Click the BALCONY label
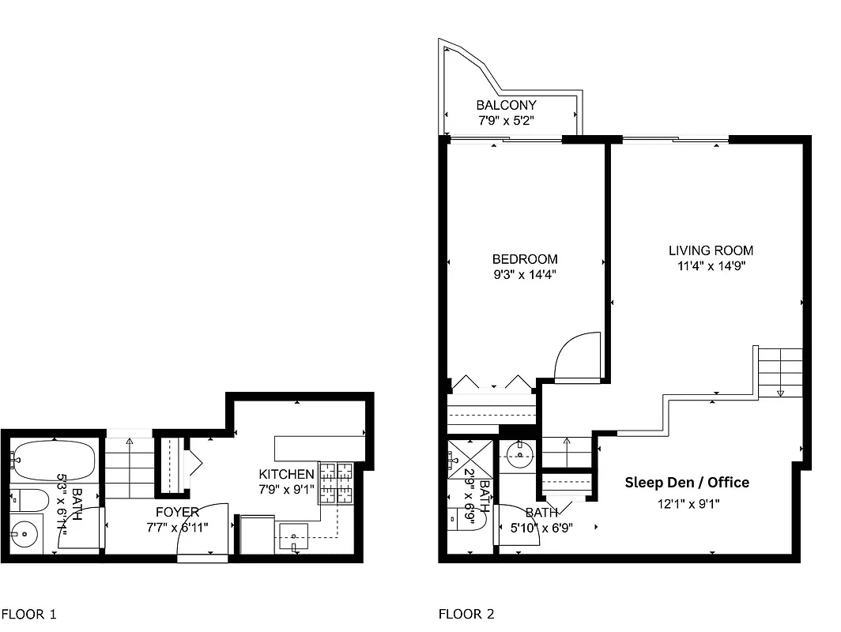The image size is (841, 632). [506, 105]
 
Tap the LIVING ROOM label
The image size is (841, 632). [711, 250]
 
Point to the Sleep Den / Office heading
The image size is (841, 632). [687, 482]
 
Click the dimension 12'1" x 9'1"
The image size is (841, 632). [688, 503]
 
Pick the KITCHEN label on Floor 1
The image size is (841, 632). [286, 474]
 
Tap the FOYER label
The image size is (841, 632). [177, 512]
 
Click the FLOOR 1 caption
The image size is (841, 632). [28, 614]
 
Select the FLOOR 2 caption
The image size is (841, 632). [466, 614]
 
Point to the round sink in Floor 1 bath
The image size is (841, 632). [27, 534]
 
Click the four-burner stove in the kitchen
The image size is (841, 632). [335, 483]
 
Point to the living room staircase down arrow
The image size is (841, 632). [780, 392]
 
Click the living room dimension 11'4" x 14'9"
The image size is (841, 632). [711, 266]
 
